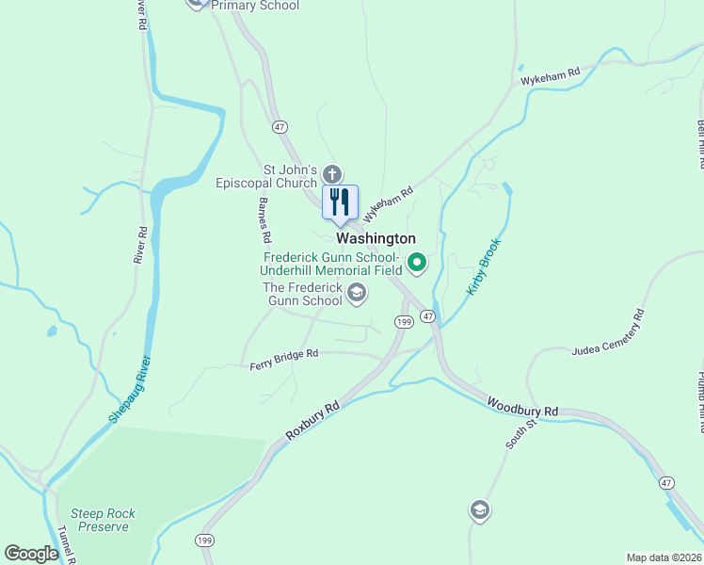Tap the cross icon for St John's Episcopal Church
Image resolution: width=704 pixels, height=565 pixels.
(331, 173)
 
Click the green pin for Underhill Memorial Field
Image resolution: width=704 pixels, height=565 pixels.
(416, 263)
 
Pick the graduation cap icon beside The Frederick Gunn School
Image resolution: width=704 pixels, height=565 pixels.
(356, 294)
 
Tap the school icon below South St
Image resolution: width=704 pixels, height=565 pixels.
(479, 510)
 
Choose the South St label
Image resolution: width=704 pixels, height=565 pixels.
(520, 434)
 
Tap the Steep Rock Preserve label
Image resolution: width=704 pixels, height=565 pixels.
(103, 520)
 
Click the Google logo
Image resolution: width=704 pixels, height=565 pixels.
(31, 554)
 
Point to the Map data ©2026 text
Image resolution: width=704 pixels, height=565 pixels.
(664, 557)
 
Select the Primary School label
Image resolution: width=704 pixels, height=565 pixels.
(255, 6)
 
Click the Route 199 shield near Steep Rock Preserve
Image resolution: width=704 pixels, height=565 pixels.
(204, 541)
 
